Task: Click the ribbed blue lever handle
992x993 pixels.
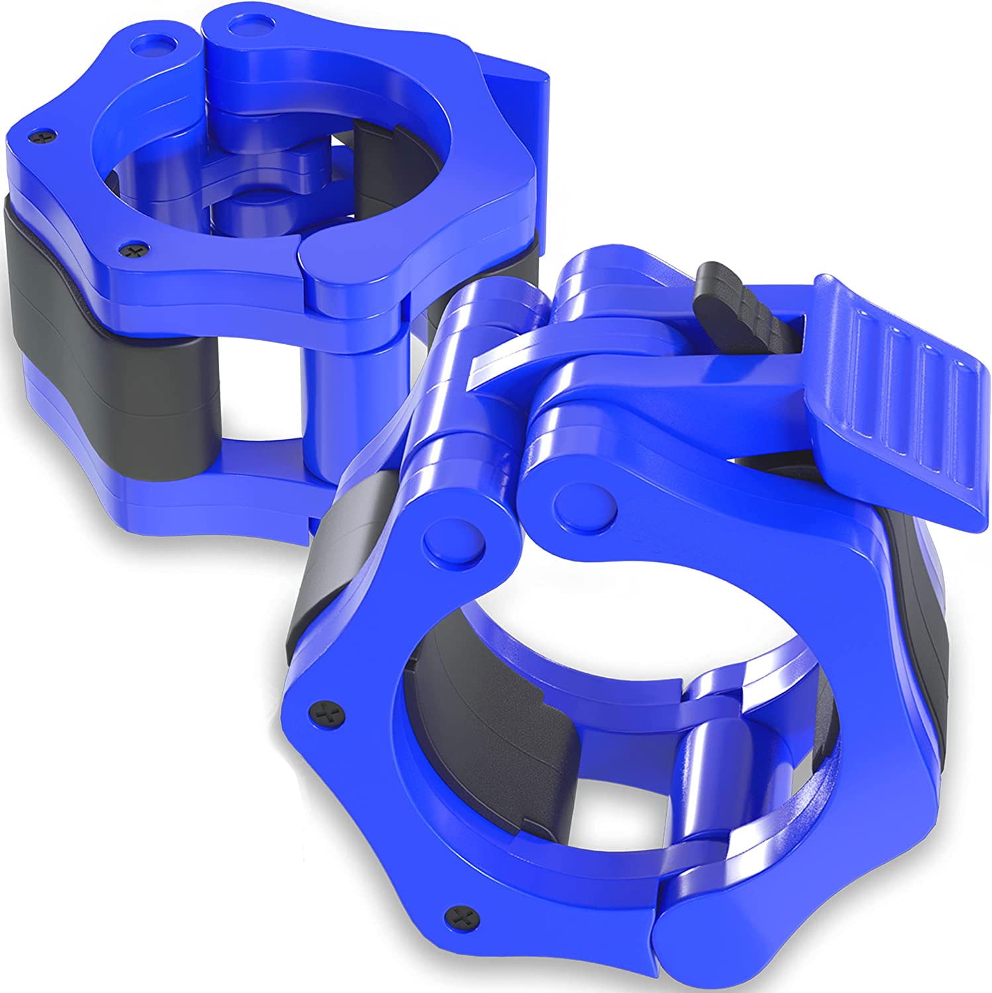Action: pos(901,391)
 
